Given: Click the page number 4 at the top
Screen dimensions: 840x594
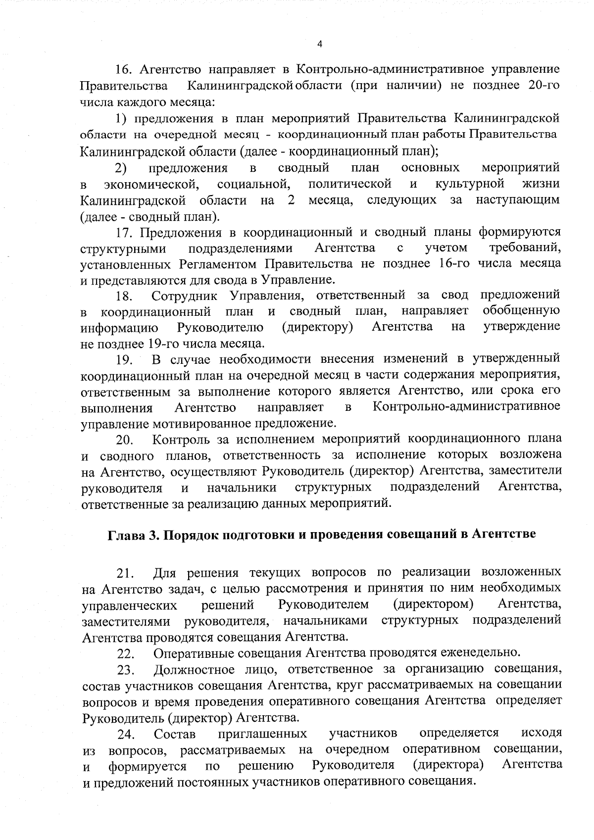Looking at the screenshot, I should [x=319, y=44].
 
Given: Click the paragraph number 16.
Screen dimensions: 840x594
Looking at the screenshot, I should [x=123, y=69].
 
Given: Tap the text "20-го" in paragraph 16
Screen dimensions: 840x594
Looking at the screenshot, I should [x=544, y=85].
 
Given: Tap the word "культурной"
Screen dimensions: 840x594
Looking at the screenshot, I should [x=470, y=184].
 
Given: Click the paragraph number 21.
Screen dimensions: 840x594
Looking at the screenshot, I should [x=125, y=574].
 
